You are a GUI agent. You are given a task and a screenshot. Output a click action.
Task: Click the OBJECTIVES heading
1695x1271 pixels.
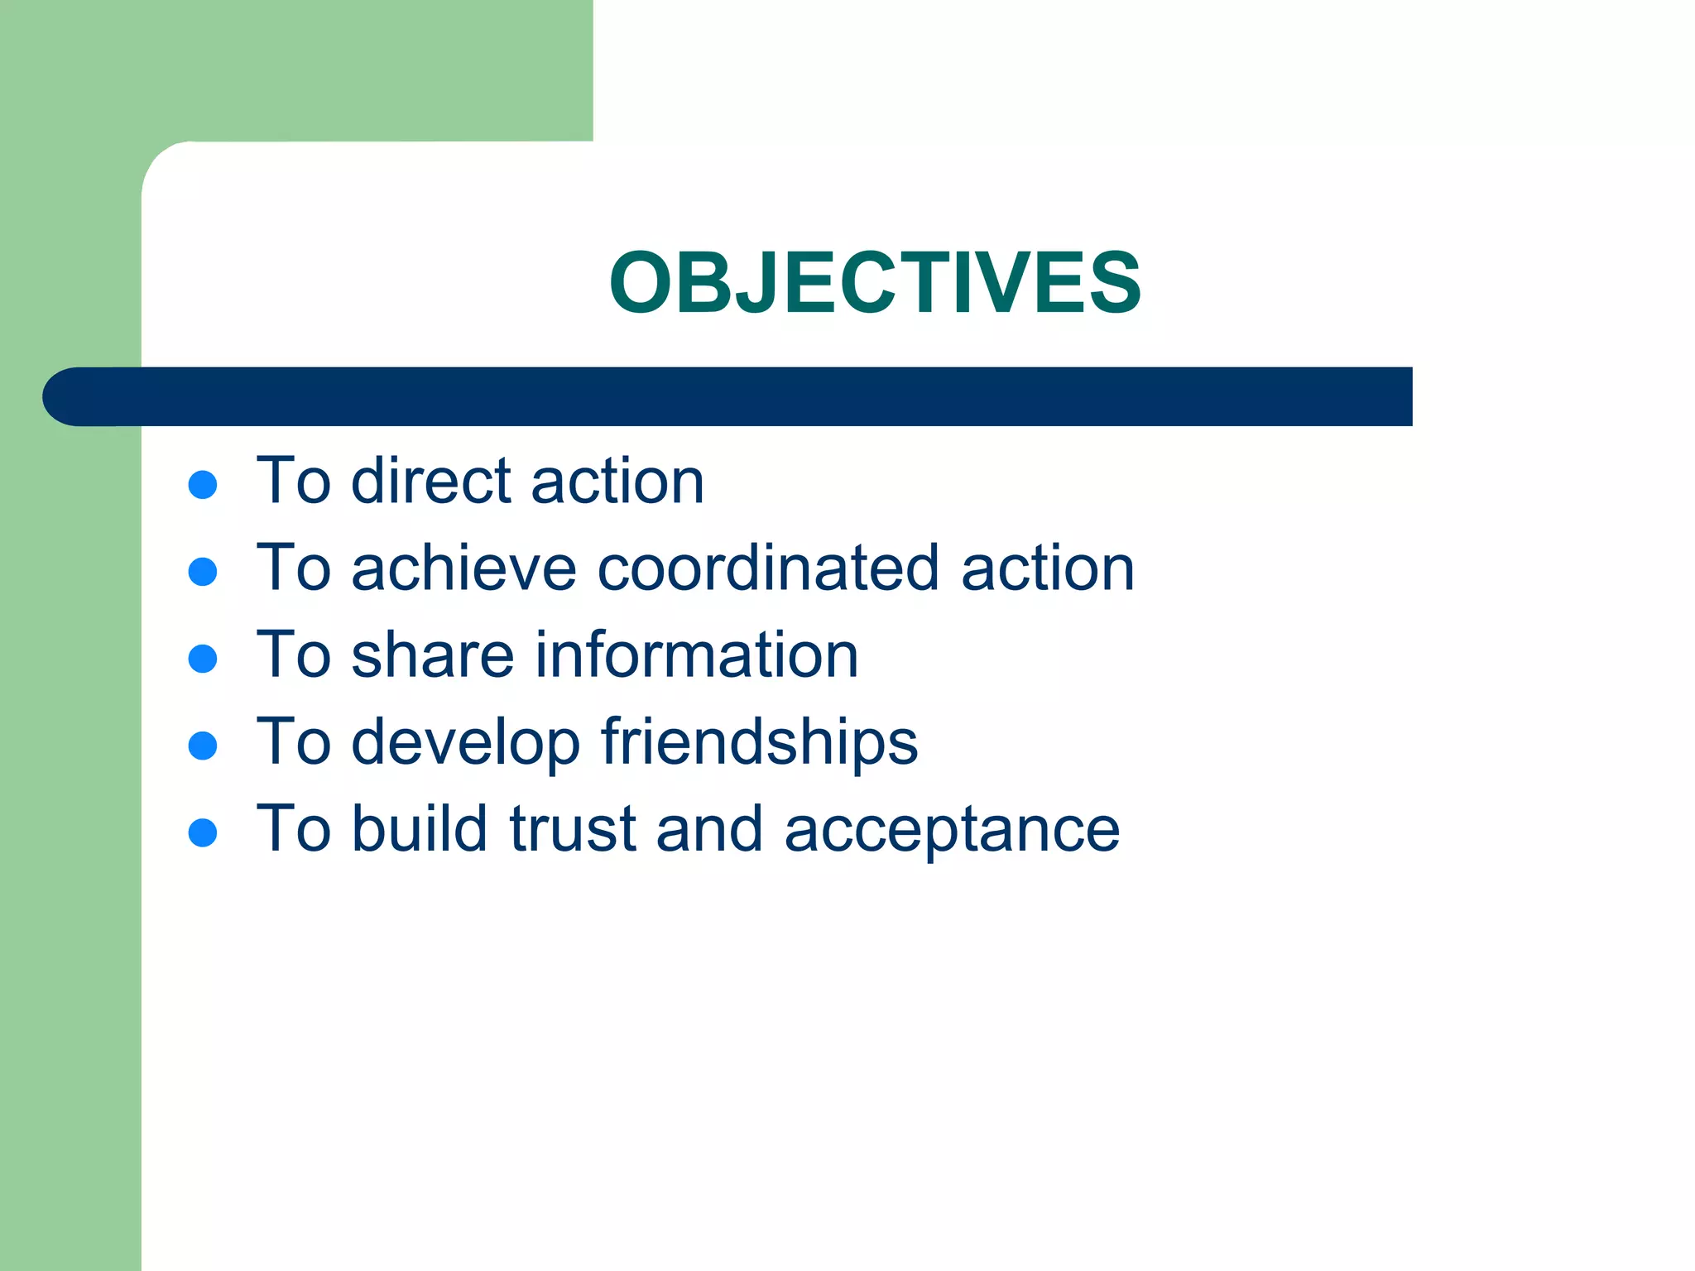tap(875, 283)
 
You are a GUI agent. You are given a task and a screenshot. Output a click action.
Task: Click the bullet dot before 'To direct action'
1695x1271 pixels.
tap(203, 485)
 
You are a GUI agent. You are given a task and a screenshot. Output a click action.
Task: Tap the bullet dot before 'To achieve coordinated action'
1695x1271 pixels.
tap(203, 572)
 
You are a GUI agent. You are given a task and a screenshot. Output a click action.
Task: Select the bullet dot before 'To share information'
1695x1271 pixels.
tap(203, 659)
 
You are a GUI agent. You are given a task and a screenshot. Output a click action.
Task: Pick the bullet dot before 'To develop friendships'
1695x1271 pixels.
tap(203, 746)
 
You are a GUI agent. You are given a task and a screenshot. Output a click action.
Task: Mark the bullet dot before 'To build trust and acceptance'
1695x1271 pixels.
tap(203, 832)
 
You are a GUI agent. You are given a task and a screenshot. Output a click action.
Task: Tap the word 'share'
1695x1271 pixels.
tap(433, 655)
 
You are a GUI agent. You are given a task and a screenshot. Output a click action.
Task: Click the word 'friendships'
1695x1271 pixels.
tap(759, 743)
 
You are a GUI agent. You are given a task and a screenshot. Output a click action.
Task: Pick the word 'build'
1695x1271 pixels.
tap(419, 828)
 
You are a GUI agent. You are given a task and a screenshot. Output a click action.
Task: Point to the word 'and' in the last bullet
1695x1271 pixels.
tap(709, 828)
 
